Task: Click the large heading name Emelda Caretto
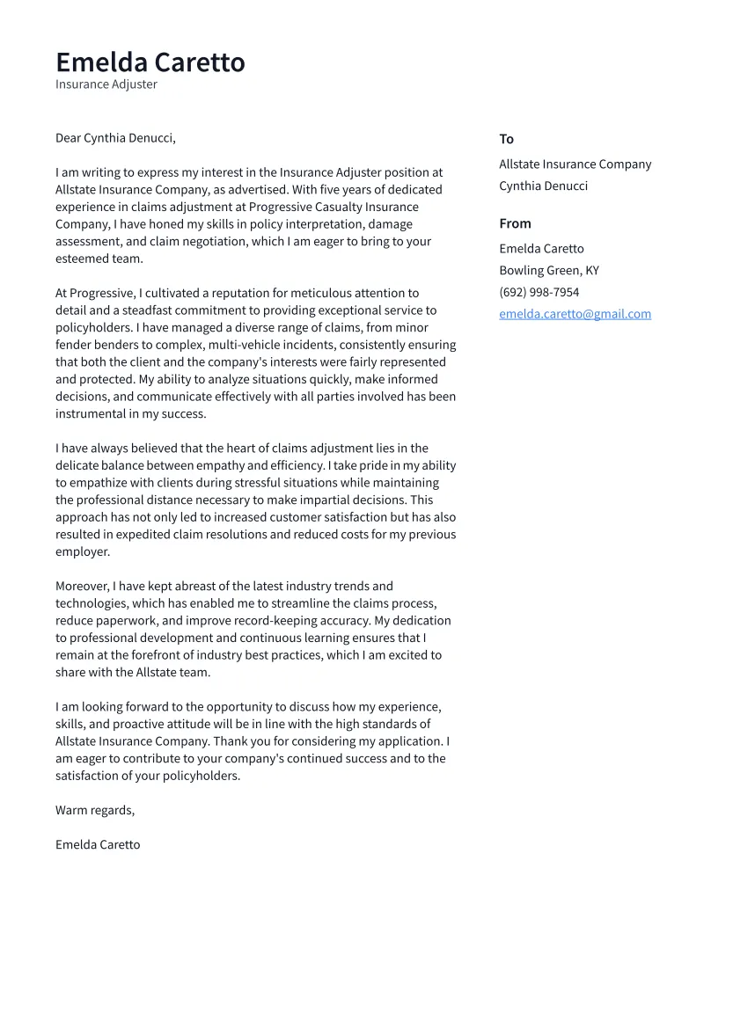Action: (x=150, y=62)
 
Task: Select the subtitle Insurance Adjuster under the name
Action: (x=106, y=84)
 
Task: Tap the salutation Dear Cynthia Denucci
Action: (x=115, y=138)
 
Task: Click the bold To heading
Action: (x=506, y=139)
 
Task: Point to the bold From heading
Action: (x=515, y=223)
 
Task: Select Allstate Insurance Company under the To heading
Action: (x=575, y=164)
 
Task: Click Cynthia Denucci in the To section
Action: (x=543, y=186)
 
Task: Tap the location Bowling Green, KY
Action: (x=548, y=271)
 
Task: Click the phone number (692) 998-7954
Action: (x=539, y=292)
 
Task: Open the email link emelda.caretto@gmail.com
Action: (x=575, y=314)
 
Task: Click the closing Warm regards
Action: (x=95, y=810)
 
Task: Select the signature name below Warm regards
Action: (x=98, y=844)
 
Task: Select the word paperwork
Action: (x=123, y=621)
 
